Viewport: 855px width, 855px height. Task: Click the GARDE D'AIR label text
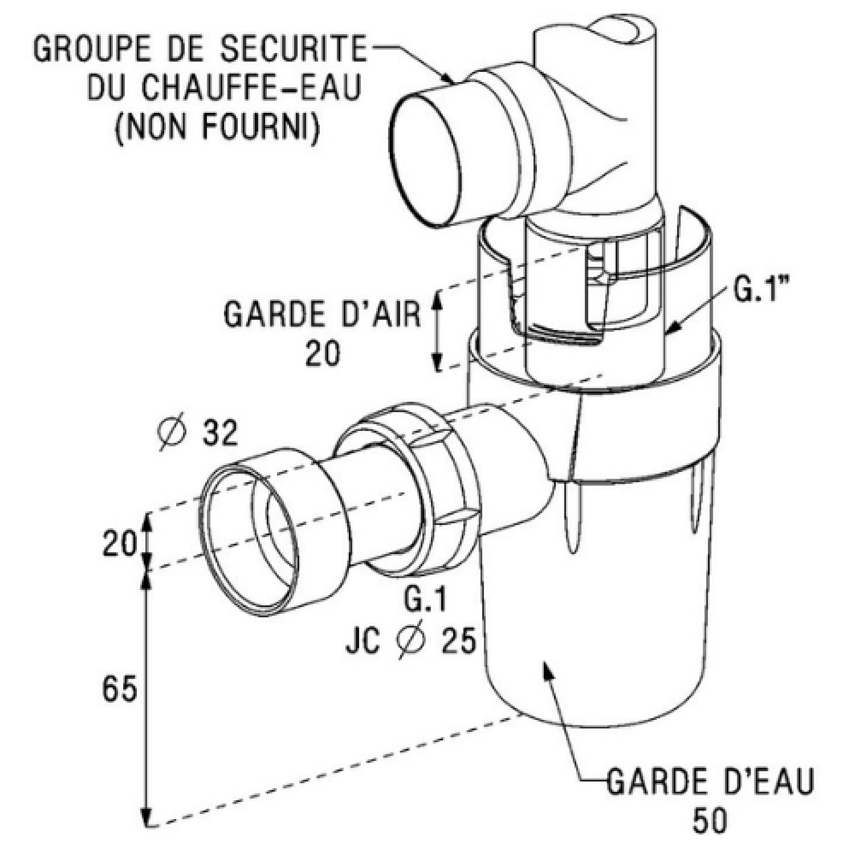tap(321, 314)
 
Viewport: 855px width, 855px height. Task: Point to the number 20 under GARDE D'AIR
tap(322, 354)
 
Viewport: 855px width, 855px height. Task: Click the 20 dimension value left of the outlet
tap(120, 543)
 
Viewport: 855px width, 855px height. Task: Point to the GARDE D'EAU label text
tap(710, 782)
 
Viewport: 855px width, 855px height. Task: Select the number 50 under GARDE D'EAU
tap(710, 821)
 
